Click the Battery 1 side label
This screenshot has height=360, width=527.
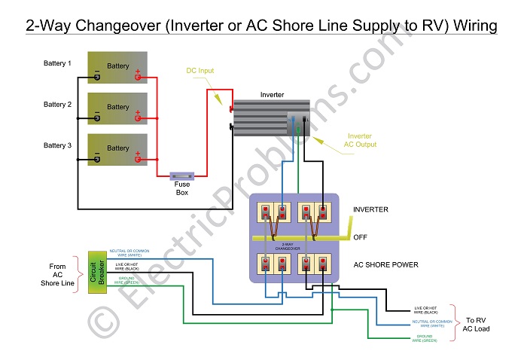(x=57, y=63)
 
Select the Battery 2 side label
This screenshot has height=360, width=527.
(x=57, y=104)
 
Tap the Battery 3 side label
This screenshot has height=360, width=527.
(x=57, y=145)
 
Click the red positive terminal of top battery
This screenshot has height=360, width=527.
(x=138, y=76)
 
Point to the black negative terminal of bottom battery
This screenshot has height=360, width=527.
(x=97, y=158)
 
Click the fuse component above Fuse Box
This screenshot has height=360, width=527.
(x=183, y=175)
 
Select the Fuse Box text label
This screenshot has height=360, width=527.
(x=183, y=188)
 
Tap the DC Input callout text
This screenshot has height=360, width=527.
(x=200, y=71)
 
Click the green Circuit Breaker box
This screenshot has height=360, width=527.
(x=96, y=270)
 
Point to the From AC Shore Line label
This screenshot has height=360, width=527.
(x=57, y=274)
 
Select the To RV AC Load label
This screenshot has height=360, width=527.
(x=477, y=324)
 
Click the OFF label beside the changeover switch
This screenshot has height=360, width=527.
(x=361, y=237)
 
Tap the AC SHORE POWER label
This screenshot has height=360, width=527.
(x=385, y=265)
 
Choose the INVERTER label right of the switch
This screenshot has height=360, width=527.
(x=370, y=209)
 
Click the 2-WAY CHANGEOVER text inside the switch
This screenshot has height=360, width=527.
(x=292, y=246)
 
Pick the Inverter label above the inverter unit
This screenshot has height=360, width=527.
(x=272, y=95)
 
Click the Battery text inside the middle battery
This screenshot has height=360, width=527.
(x=118, y=107)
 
